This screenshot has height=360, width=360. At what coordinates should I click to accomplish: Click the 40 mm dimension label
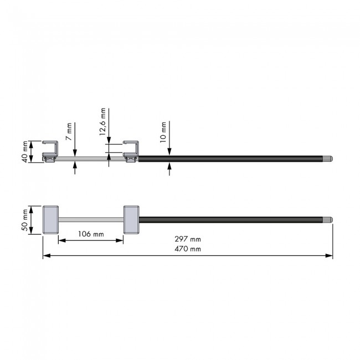coord(25,152)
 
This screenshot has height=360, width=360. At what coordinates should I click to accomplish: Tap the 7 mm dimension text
coord(69,132)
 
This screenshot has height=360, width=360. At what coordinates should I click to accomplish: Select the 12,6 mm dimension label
coord(102,122)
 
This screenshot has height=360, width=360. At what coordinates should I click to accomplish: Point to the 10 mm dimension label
coord(163,132)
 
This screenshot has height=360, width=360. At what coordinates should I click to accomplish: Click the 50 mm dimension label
coord(25,220)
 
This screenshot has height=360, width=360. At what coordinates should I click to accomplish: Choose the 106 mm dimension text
coord(91,234)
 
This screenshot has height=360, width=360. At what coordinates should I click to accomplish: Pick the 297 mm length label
coord(188,239)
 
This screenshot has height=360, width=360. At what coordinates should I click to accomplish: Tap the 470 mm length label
coord(188,249)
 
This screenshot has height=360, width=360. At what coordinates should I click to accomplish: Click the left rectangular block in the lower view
coord(50,220)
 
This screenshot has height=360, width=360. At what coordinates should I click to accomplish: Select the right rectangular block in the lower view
coord(131,220)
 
